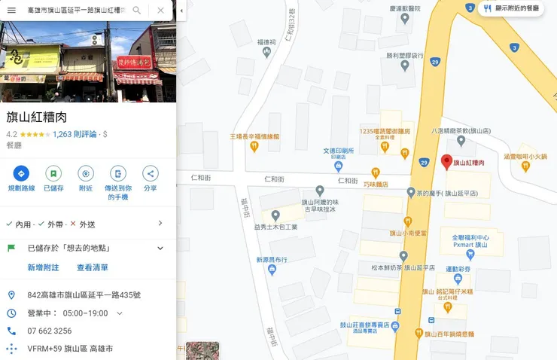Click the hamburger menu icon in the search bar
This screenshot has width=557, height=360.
coord(11,11)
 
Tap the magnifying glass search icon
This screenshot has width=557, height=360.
coord(136,11)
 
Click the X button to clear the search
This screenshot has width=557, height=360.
coord(161,11)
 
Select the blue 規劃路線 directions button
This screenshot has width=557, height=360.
coord(21,173)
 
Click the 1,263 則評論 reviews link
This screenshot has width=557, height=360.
coord(75,134)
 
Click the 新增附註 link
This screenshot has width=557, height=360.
coord(43,267)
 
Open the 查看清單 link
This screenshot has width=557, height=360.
coord(93,267)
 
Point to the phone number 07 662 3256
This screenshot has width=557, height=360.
coord(50,331)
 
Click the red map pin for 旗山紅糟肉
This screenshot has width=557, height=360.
coord(446,162)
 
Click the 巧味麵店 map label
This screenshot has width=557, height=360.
coord(375,183)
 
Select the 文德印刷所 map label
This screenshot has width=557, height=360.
coord(338,150)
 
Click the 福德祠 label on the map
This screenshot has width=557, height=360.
coord(267,43)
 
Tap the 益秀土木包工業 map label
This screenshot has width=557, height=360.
coord(275,226)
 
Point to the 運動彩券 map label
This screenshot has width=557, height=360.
coord(457,268)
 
